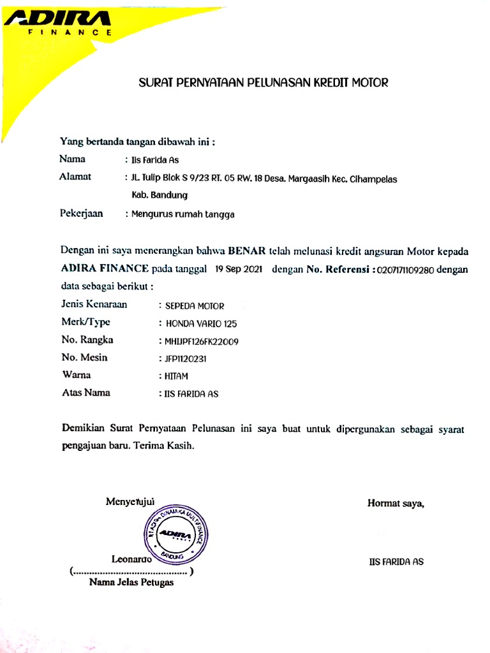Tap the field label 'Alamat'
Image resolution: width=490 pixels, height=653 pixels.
75,177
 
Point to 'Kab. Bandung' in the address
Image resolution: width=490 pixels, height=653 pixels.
160,195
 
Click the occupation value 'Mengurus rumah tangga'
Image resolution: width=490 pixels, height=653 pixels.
183,215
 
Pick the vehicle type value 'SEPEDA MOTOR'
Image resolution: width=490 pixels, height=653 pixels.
195,306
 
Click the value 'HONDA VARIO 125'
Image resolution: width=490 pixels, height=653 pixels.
201,324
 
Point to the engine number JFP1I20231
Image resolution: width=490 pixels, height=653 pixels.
186,359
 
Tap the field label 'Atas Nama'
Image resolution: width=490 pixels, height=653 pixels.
85,393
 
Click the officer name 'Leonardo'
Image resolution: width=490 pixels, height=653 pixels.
131,560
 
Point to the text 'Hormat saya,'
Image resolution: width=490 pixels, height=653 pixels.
396,504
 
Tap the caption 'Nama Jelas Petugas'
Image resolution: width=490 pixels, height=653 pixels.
131,582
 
